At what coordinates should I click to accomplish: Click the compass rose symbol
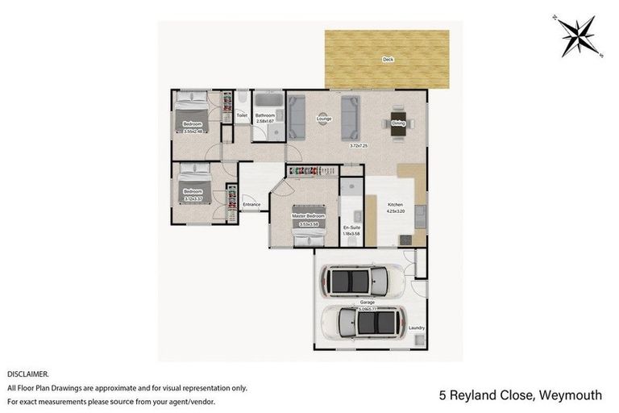click(580, 35)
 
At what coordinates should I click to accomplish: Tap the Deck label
click(388, 60)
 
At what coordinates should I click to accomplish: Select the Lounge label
click(323, 120)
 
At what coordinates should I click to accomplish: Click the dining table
click(398, 123)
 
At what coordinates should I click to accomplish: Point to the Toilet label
click(241, 116)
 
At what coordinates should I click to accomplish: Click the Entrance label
click(251, 204)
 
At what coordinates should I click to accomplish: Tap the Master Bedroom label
click(309, 216)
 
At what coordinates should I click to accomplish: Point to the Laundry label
click(417, 327)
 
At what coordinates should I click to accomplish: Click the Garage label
click(355, 302)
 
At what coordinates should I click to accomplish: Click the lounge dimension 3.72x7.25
click(359, 146)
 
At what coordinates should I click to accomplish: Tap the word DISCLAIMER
click(28, 374)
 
